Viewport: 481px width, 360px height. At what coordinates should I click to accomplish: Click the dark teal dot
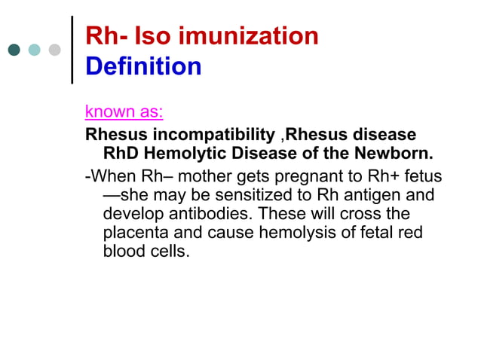coord(14,50)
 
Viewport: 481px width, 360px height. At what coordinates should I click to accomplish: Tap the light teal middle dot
coord(35,50)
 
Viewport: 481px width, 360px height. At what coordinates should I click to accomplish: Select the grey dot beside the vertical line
coord(54,50)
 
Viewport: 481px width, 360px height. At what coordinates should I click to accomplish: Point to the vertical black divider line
coord(72,49)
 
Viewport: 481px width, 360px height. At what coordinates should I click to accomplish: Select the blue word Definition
coord(143,67)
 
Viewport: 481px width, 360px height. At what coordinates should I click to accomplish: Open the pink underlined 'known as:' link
coord(124,113)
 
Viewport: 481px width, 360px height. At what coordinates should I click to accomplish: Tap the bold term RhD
coord(121,155)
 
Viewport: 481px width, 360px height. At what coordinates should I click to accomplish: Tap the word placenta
coord(135,233)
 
